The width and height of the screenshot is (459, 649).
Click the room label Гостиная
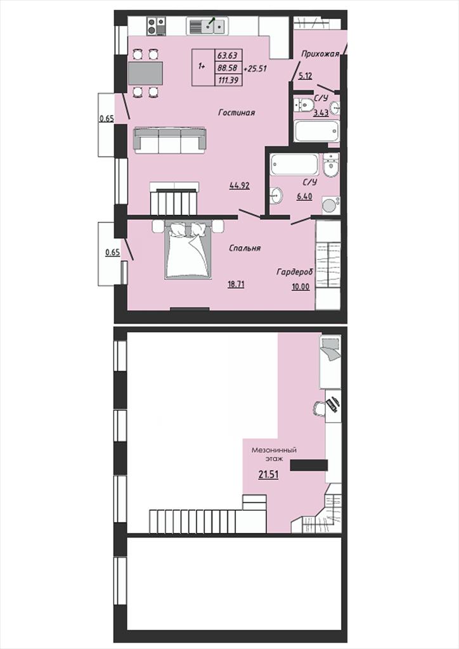(236, 113)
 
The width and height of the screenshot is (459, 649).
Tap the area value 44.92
(239, 186)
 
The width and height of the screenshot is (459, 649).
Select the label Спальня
(245, 248)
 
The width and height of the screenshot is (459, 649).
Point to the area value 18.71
(235, 284)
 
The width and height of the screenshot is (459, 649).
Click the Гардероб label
(295, 271)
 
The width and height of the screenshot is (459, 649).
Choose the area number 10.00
(301, 286)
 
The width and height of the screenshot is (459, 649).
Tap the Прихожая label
(320, 54)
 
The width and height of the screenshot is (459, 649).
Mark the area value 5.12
(305, 76)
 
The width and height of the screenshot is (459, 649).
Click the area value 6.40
(304, 196)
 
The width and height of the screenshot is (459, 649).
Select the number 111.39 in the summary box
(228, 80)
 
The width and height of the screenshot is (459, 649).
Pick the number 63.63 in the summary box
(228, 56)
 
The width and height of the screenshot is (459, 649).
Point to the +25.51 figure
(255, 68)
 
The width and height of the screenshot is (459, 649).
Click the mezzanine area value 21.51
(268, 475)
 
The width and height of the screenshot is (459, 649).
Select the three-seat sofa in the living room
(170, 140)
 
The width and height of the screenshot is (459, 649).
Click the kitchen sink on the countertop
(206, 26)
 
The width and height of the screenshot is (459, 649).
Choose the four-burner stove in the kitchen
(156, 26)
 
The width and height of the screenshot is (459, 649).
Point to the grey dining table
(145, 74)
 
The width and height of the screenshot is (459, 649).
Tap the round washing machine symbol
(329, 205)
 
